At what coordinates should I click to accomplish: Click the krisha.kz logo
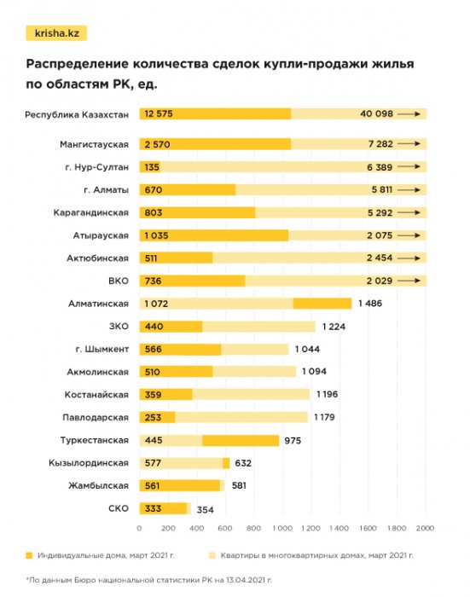(55, 33)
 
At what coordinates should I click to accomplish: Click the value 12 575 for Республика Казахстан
(162, 113)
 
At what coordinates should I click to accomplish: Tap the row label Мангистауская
(95, 144)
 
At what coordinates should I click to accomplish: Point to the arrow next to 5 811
(411, 190)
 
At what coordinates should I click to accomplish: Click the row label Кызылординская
(90, 462)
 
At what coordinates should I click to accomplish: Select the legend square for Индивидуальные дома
(29, 555)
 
